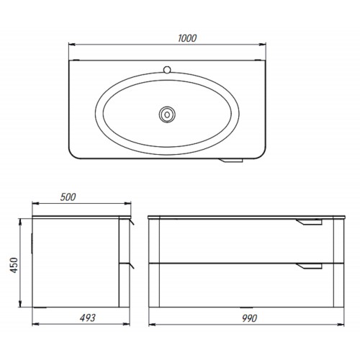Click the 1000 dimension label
pyautogui.click(x=187, y=38)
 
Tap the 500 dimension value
pyautogui.click(x=68, y=197)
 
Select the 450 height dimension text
pyautogui.click(x=14, y=265)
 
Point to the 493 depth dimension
pyautogui.click(x=88, y=318)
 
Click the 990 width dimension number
pyautogui.click(x=250, y=318)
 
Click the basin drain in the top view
pyautogui.click(x=167, y=114)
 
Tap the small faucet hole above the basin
pyautogui.click(x=167, y=70)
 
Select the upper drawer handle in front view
pyautogui.click(x=309, y=222)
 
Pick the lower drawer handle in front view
pyautogui.click(x=309, y=266)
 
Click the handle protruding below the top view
pyautogui.click(x=230, y=161)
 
